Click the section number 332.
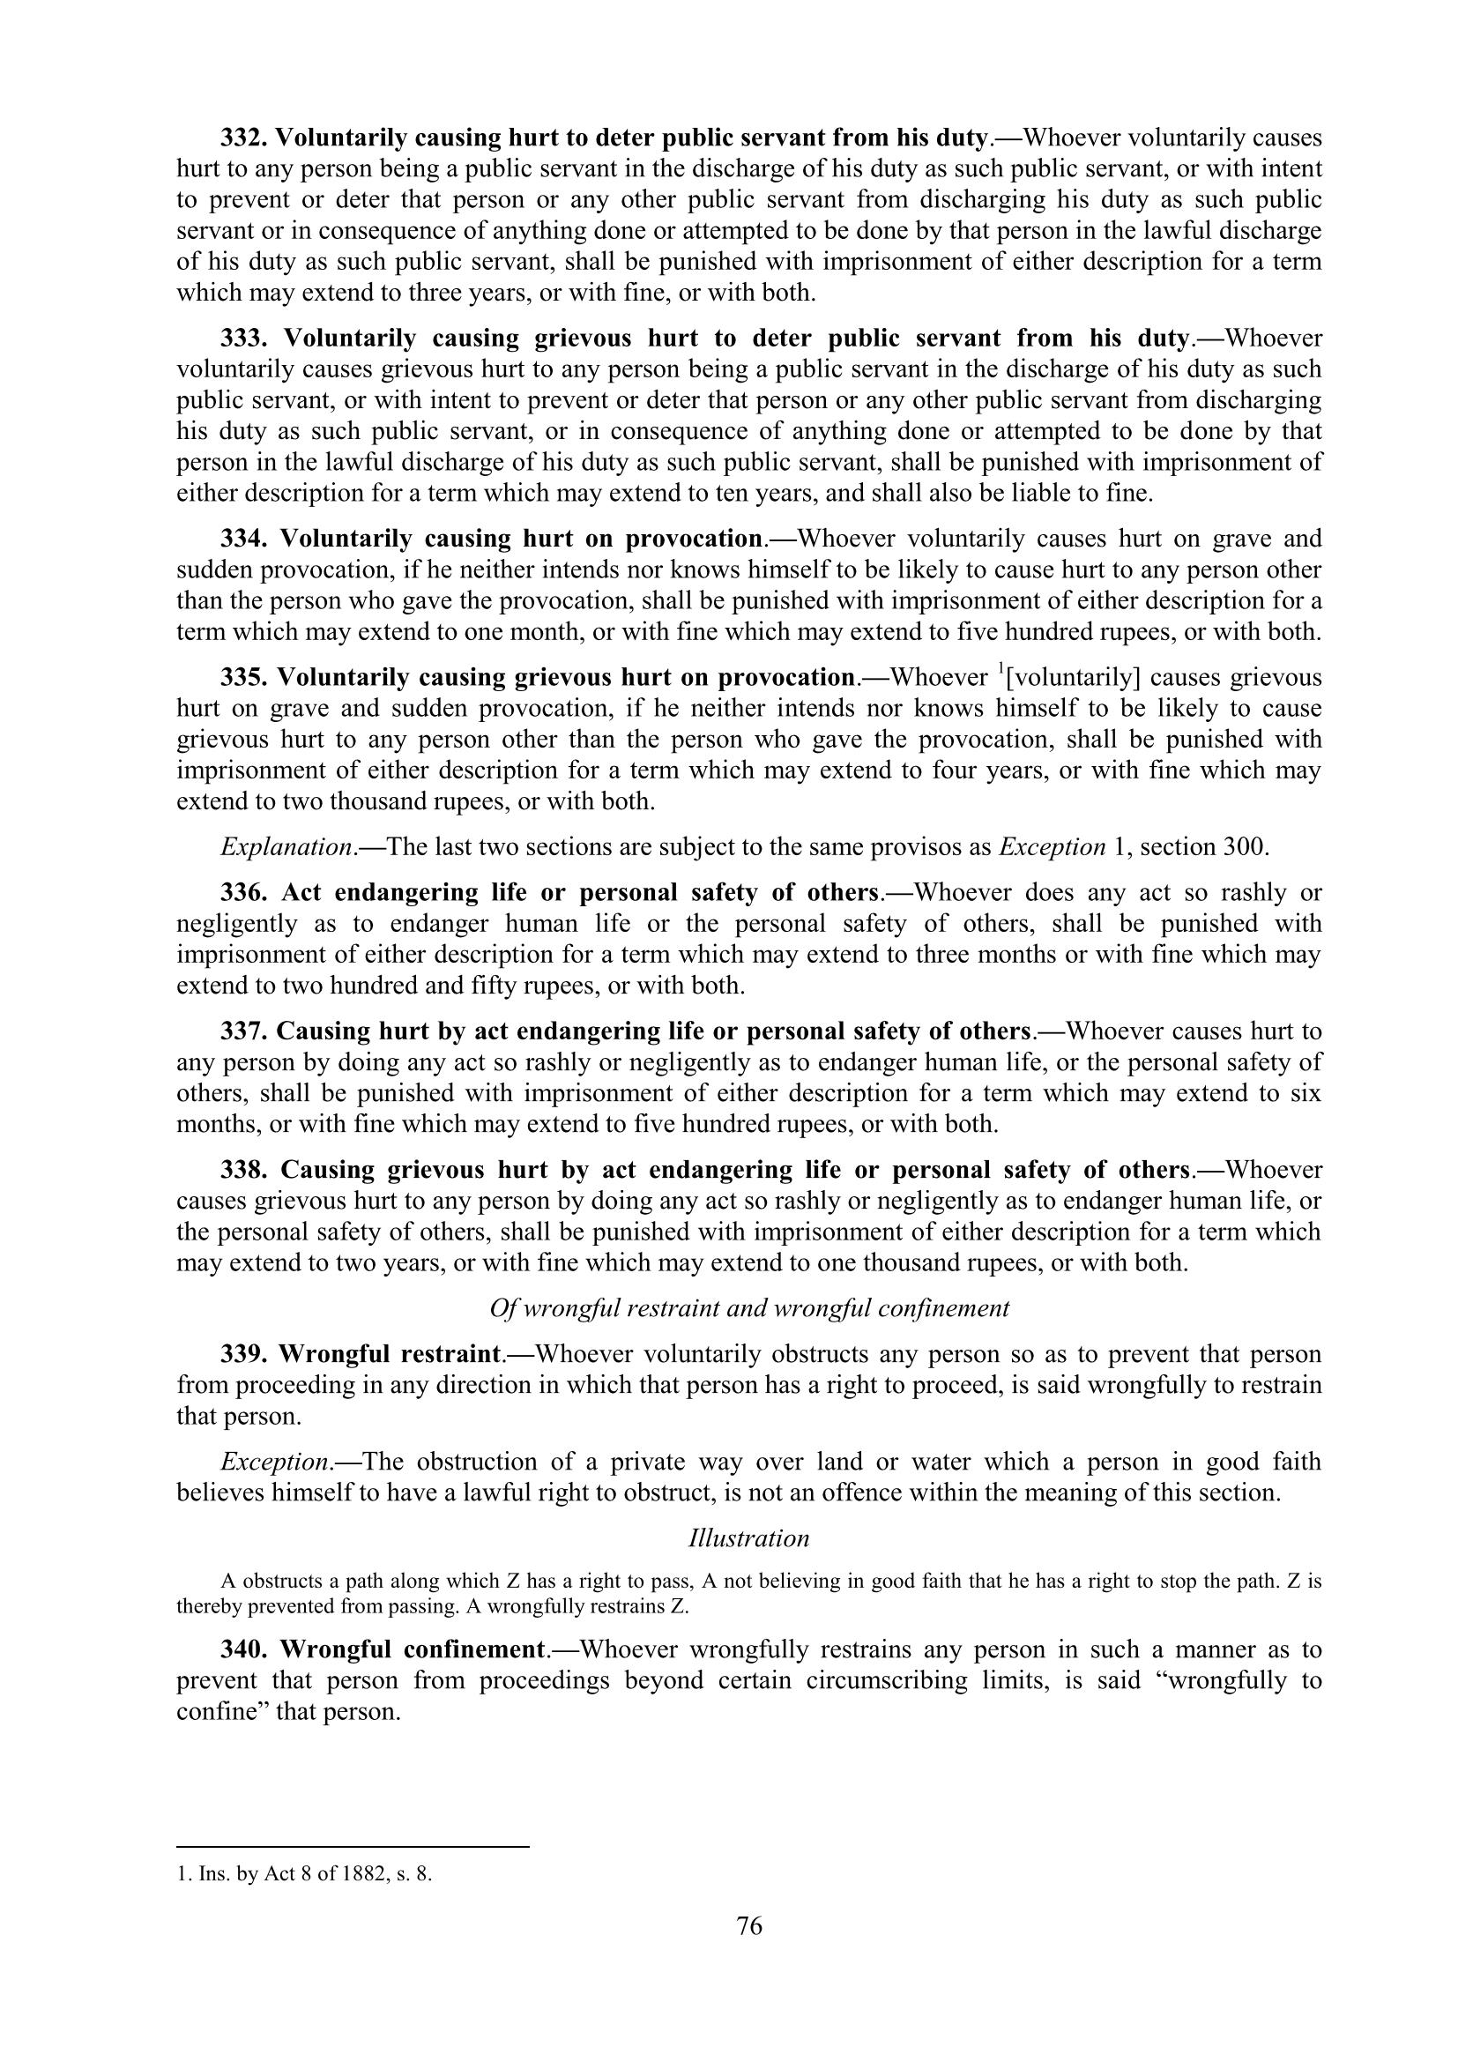[243, 138]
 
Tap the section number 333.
[243, 339]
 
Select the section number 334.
[243, 539]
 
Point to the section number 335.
[243, 677]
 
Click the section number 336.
[243, 893]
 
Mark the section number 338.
[243, 1170]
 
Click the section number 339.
[243, 1354]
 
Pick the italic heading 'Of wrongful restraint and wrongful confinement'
[748, 1308]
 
